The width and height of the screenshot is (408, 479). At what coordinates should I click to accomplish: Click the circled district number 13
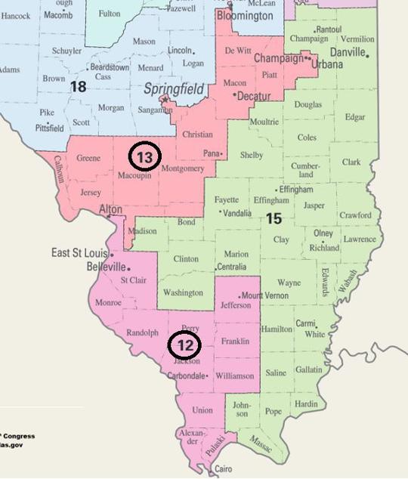(144, 156)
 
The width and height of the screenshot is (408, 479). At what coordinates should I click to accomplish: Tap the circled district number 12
(184, 345)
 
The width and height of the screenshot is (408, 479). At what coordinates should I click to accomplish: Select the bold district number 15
(273, 218)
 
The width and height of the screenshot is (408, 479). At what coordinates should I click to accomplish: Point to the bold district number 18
(78, 86)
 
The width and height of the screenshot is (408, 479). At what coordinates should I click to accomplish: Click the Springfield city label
(174, 91)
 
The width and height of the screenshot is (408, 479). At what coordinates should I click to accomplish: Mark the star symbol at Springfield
(165, 100)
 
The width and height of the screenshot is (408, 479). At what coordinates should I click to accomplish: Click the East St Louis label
(79, 252)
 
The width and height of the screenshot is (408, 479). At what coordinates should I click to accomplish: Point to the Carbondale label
(185, 375)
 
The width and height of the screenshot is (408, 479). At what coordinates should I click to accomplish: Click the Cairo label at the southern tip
(223, 469)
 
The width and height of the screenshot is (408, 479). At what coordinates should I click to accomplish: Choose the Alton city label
(110, 209)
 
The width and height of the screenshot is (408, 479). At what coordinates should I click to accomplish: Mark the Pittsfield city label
(49, 128)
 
